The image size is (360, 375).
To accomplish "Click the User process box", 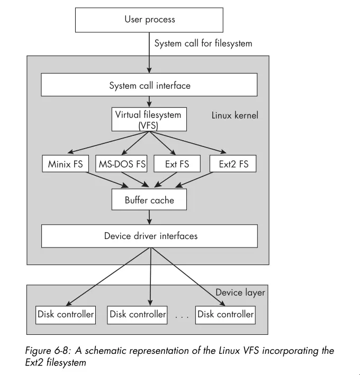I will pos(149,20).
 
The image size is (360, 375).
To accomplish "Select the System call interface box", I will pos(149,85).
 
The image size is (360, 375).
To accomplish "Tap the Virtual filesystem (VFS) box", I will pos(149,120).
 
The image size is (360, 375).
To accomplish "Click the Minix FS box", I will pos(66,164).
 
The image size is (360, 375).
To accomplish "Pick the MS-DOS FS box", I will pos(122,164).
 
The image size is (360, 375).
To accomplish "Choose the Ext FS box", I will pos(177,164).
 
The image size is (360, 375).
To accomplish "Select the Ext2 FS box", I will pos(233,164).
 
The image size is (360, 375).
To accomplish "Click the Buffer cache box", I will pos(149,200).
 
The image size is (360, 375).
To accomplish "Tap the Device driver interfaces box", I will pos(149,236).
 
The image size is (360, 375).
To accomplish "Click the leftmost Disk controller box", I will pos(66,314).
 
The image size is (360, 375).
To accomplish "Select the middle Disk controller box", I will pos(137,314).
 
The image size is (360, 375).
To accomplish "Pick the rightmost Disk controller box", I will pos(226,314).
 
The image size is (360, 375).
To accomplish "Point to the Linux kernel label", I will pos(235,115).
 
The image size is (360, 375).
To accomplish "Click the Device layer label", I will pos(240,292).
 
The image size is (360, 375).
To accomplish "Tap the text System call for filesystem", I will pos(203,43).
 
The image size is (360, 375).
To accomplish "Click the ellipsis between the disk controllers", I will pos(182,316).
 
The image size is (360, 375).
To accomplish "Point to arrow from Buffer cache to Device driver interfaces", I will pos(150,217).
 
